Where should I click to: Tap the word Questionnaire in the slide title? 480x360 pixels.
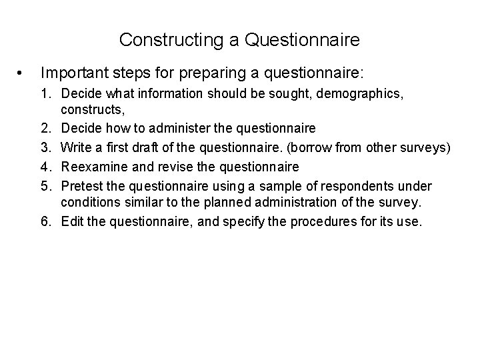302,40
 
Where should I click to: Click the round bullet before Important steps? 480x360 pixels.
23,71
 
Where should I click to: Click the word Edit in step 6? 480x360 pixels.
71,221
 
